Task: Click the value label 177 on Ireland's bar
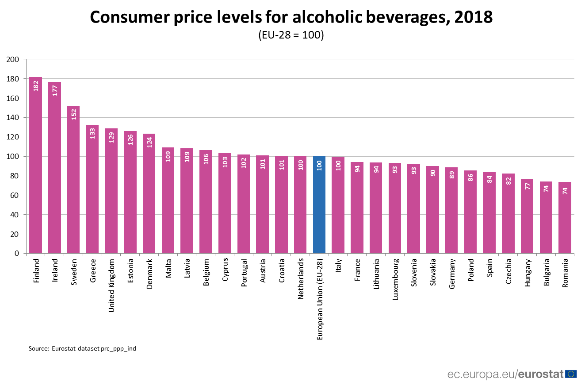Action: coord(55,90)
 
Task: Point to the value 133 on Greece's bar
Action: coord(92,133)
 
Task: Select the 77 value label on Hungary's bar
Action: coord(527,187)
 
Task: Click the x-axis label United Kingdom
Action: coord(111,286)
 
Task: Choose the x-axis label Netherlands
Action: coord(301,278)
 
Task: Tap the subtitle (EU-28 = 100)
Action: coord(291,35)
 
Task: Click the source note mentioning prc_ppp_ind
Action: coord(82,348)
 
